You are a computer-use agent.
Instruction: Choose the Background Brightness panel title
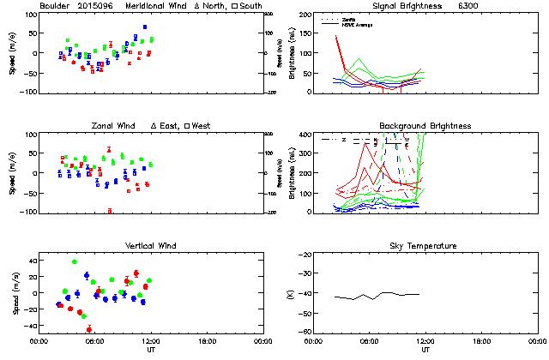[425, 126]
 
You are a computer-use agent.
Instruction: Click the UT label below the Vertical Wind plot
[150, 350]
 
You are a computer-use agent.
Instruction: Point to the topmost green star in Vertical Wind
[75, 261]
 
